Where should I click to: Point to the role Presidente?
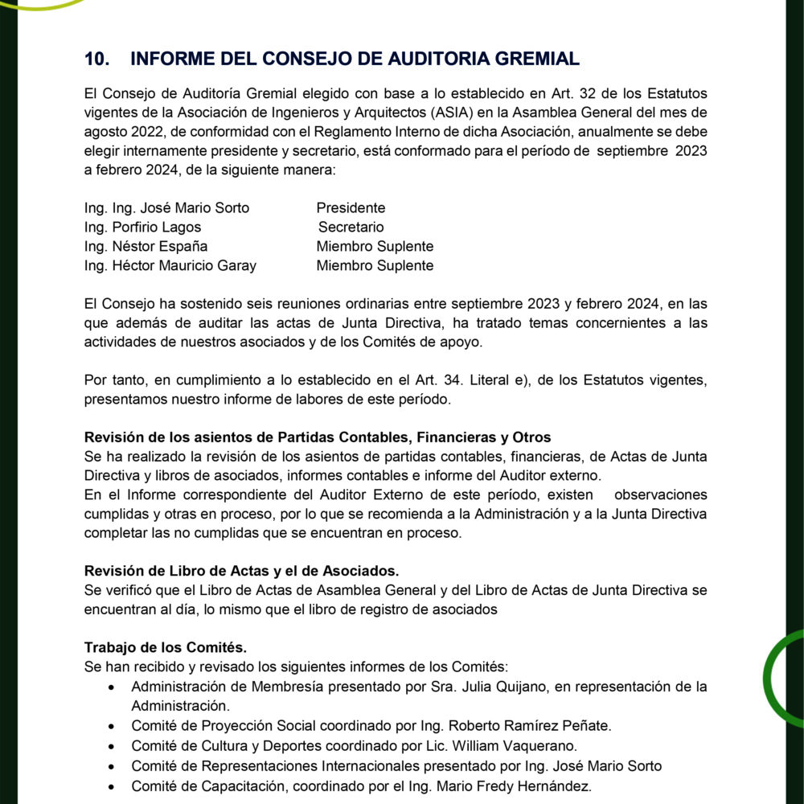click(351, 208)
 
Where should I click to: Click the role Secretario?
click(351, 228)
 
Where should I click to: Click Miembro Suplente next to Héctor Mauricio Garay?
click(375, 266)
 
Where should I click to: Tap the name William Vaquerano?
click(523, 745)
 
